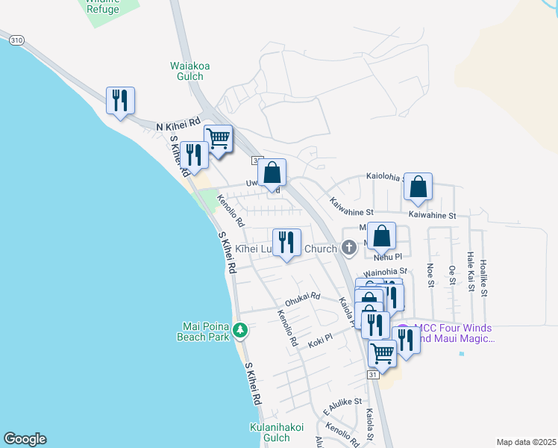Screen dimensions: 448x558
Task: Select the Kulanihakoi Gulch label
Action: click(275, 432)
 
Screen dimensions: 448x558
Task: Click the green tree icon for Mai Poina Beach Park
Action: click(240, 329)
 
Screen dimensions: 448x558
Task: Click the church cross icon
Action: click(348, 247)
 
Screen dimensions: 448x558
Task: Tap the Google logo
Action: click(25, 439)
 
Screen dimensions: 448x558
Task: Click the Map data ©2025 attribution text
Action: click(525, 442)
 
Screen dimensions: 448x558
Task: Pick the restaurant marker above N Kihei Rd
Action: click(120, 100)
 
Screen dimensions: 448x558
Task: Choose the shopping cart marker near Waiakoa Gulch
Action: click(218, 138)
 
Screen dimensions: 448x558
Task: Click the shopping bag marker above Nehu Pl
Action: click(381, 236)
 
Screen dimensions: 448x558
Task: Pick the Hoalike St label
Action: click(483, 276)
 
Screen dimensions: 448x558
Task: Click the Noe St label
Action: click(430, 275)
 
